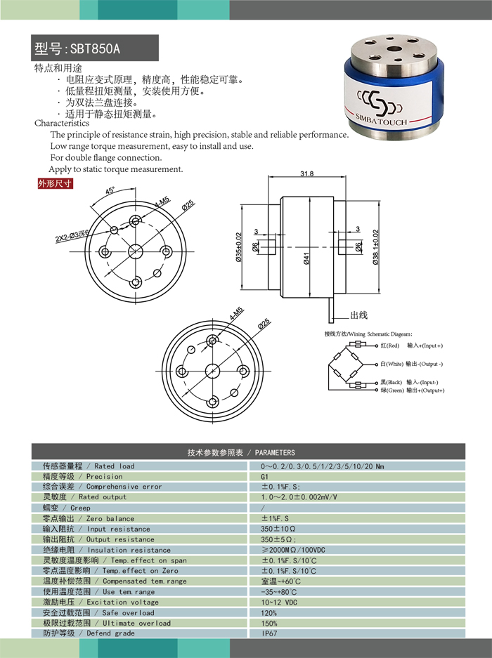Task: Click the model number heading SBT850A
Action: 77,49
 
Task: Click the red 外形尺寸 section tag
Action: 55,184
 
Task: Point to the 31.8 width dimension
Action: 306,173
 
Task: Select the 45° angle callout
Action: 110,191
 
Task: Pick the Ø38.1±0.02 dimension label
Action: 375,248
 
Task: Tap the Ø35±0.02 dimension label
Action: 239,247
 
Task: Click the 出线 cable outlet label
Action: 359,315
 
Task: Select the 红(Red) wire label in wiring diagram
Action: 389,346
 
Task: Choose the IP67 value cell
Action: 269,633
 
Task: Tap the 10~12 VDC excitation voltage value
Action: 280,602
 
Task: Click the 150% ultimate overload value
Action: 269,623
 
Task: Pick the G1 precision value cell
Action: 265,476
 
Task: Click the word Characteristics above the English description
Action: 62,123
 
